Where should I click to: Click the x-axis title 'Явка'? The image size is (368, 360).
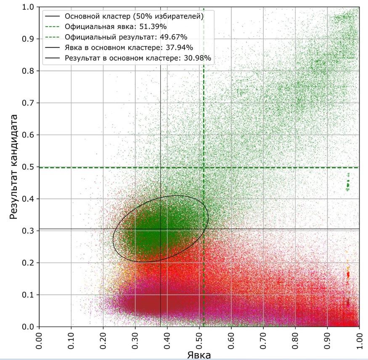click(x=199, y=355)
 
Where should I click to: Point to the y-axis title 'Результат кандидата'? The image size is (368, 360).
click(x=13, y=167)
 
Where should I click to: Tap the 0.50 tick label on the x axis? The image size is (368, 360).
click(x=199, y=341)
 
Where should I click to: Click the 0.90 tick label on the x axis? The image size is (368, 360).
click(x=327, y=341)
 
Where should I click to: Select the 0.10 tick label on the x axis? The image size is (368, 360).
click(x=71, y=341)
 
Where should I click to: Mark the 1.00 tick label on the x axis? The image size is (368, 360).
click(x=359, y=341)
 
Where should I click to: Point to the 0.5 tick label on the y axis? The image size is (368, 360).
click(x=28, y=167)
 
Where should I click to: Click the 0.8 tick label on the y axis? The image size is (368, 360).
click(x=28, y=71)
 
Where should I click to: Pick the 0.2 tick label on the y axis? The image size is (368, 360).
click(x=28, y=263)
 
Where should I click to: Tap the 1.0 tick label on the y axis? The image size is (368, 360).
click(x=28, y=7)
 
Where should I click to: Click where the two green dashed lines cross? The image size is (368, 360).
click(x=204, y=168)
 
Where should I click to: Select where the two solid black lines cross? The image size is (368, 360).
click(x=161, y=229)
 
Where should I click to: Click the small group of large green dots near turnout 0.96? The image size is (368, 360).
click(x=348, y=182)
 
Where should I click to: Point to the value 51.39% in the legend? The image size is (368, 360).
click(x=153, y=27)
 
